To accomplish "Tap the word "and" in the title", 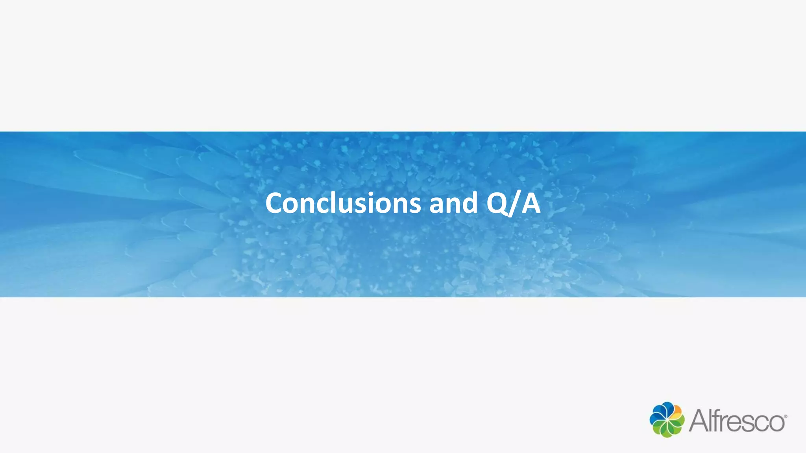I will point(453,203).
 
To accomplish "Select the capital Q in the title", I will point(498,204).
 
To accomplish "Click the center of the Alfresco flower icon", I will point(667,420).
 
